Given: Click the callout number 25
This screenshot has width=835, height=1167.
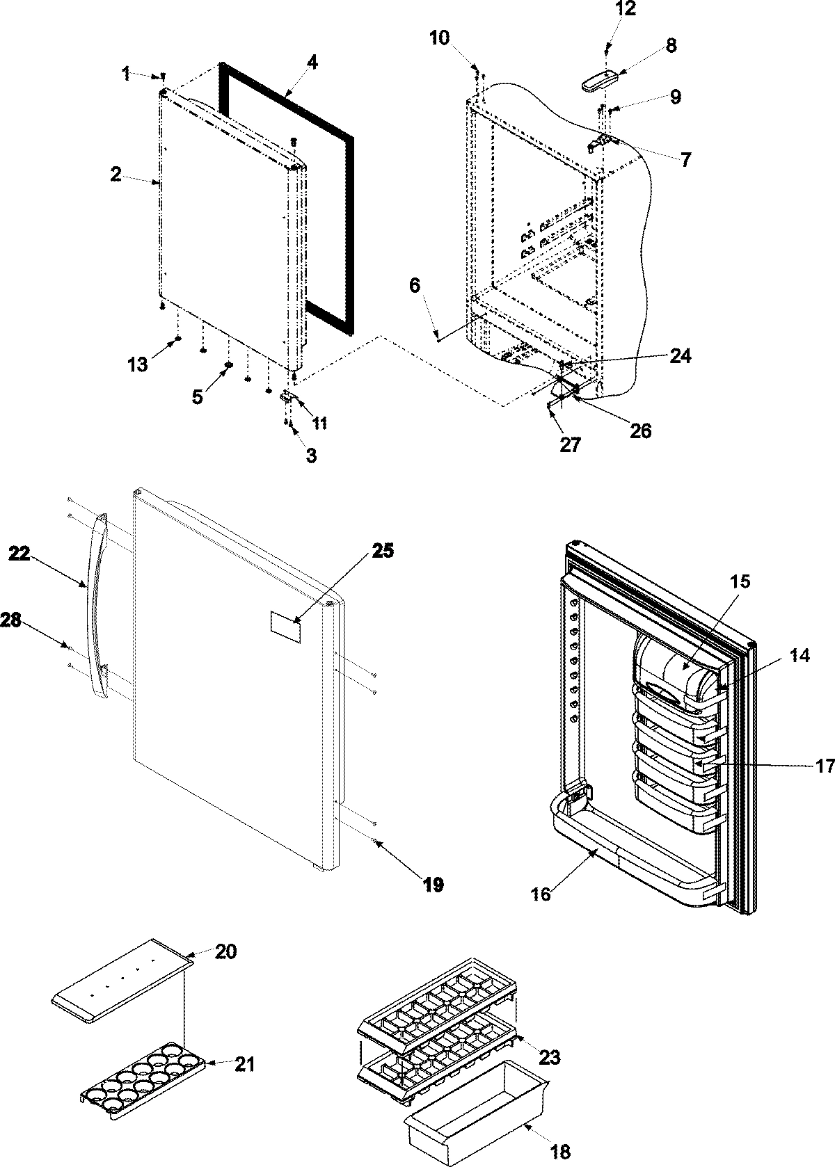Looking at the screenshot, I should (382, 551).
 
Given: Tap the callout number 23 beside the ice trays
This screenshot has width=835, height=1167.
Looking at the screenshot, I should (549, 1058).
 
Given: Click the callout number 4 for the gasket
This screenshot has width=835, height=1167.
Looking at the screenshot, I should (312, 63).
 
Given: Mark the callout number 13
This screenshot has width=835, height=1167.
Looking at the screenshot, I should (137, 363).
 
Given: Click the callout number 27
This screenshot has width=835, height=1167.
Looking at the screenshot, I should (570, 444).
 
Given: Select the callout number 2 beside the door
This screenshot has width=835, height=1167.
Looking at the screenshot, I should (116, 174).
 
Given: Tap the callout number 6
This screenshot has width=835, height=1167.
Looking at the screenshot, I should (415, 286).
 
